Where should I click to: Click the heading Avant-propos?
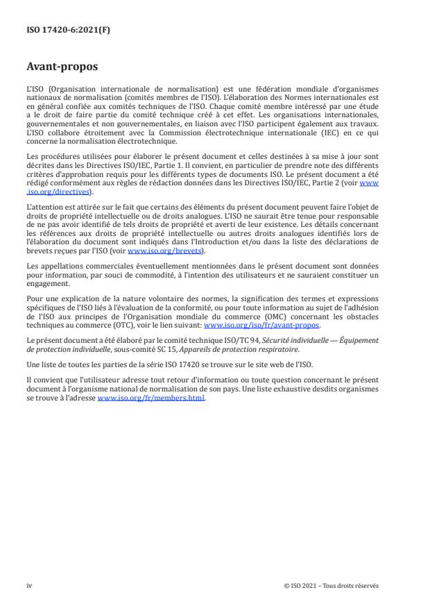point(62,69)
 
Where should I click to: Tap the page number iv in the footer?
point(29,585)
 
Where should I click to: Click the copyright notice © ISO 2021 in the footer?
point(332,585)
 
